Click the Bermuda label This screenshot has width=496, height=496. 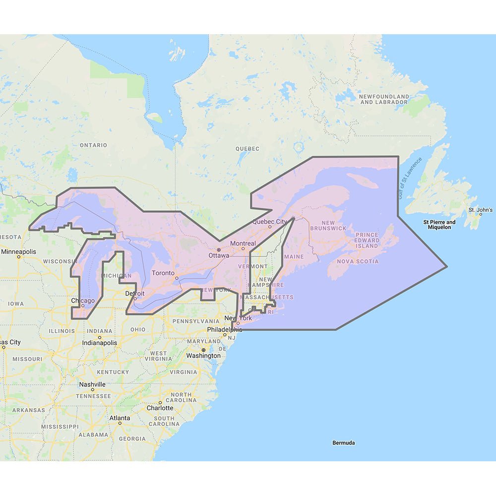[344, 442]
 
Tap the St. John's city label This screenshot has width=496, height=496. [481, 210]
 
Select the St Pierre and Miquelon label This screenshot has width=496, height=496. [439, 225]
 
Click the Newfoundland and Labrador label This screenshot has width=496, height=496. [384, 99]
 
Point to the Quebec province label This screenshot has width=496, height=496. [248, 148]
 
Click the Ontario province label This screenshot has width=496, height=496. [93, 145]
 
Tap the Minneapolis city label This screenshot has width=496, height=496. [19, 251]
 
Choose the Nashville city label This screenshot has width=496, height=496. [92, 384]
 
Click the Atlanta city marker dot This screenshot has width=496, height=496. [120, 423]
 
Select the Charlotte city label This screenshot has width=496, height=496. [160, 408]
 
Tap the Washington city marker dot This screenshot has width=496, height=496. [203, 350]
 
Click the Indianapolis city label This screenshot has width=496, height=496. [100, 342]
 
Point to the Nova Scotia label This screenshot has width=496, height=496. [358, 261]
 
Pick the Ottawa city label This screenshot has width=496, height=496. [219, 255]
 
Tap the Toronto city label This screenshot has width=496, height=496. [163, 273]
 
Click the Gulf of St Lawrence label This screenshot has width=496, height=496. [409, 179]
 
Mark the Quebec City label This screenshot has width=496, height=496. [270, 221]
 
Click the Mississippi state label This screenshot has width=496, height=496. [60, 426]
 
